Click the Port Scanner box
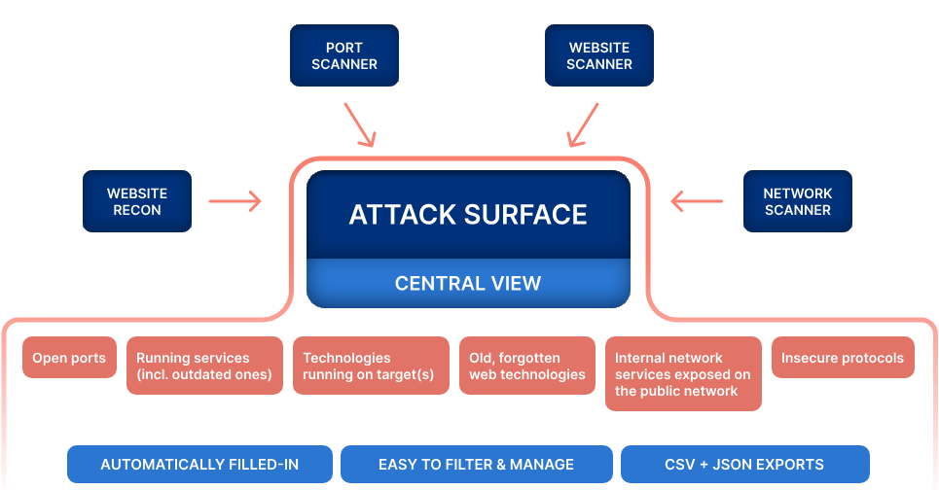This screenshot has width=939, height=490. coord(344,55)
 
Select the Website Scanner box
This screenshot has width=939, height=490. coord(598,55)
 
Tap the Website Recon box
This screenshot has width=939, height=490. coord(137,202)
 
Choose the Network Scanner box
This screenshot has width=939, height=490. coord(797,202)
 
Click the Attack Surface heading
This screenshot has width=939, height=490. coord(468,215)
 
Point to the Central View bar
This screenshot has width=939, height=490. coord(468,284)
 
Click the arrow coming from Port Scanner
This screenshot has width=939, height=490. coord(359,126)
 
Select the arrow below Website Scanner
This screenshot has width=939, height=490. coord(584,126)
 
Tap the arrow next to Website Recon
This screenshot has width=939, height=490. coord(235,201)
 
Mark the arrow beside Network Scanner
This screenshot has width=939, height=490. coord(698,201)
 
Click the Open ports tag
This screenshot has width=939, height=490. coord(69,358)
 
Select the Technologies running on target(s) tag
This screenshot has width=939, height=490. coord(371,366)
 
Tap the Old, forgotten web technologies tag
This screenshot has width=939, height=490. coord(526,366)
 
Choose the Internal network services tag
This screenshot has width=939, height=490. coord(683,374)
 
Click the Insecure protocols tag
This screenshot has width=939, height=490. coord(843,358)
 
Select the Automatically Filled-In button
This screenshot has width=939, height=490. coord(199,465)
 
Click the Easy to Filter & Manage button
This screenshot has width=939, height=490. coord(476,465)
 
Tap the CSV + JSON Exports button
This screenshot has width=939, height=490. coord(744,465)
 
